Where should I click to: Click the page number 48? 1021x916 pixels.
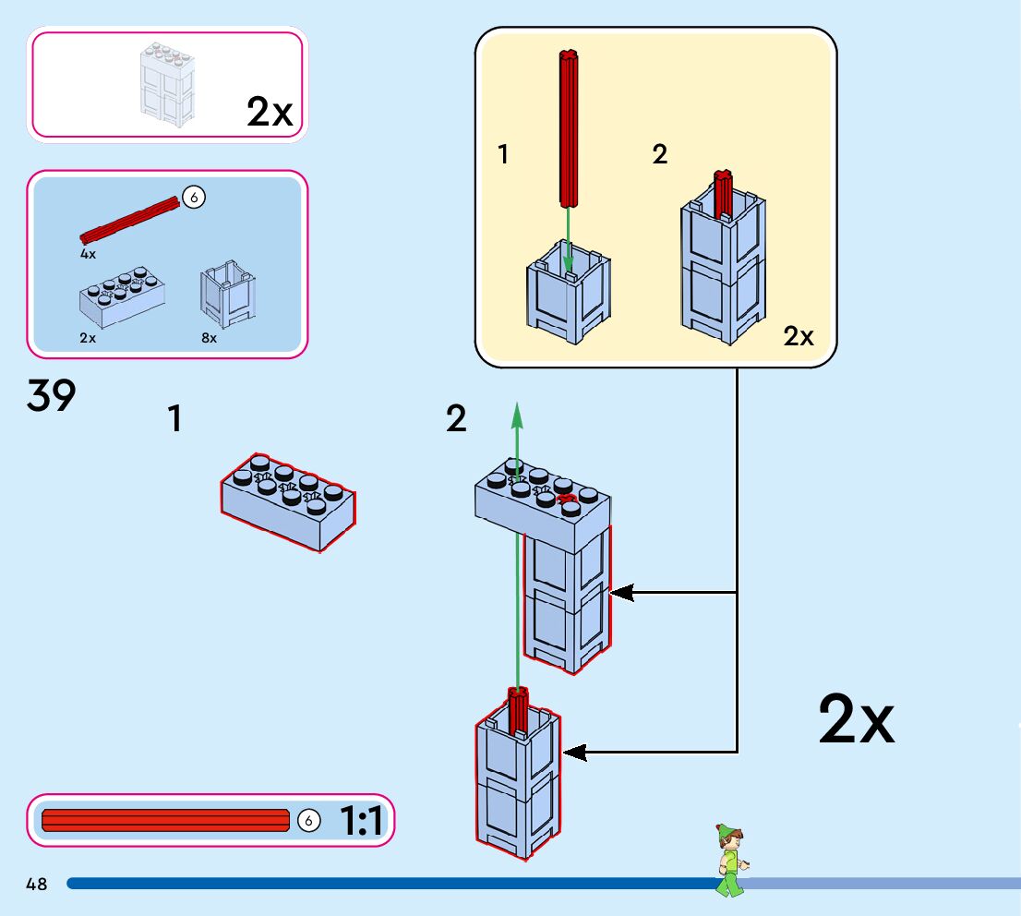click(36, 885)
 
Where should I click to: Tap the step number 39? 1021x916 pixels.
click(52, 398)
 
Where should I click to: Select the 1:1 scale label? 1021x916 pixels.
click(362, 820)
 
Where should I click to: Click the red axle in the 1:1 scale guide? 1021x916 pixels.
click(166, 820)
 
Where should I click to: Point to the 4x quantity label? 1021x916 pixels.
click(88, 252)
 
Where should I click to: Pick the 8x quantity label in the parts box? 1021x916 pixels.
click(210, 339)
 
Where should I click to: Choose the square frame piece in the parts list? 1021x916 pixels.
click(227, 294)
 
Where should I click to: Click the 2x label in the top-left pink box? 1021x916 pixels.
click(269, 113)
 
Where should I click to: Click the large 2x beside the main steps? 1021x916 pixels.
click(856, 721)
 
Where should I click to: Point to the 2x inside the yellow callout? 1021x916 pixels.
click(799, 337)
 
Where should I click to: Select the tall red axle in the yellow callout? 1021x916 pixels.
click(568, 129)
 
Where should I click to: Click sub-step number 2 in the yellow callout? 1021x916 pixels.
click(659, 155)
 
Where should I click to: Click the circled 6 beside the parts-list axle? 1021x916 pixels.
click(193, 196)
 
